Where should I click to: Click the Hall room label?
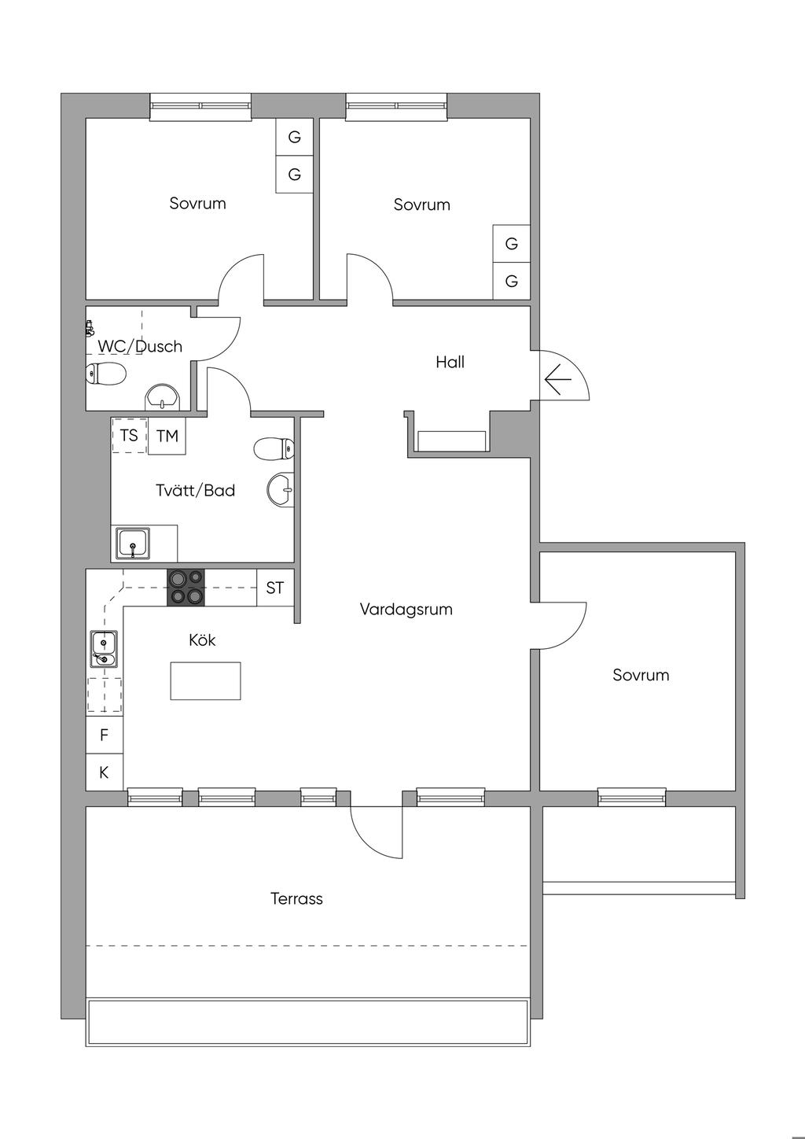450,362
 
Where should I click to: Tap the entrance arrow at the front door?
558,379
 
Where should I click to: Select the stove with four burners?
186,588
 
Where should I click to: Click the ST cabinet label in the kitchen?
275,588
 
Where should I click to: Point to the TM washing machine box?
167,436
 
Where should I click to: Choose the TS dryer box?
129,435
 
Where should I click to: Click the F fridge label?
105,735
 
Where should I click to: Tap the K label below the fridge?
104,772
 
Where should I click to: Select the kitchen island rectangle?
205,681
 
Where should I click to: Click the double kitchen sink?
105,649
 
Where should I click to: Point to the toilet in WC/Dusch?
105,374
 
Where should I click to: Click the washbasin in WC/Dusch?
163,397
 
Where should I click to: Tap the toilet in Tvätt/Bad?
274,449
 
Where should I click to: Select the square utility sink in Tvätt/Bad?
133,544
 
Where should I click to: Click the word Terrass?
296,898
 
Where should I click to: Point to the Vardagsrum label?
406,609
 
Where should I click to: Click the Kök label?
202,640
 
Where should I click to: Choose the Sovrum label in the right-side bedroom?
641,675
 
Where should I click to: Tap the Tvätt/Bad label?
196,490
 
